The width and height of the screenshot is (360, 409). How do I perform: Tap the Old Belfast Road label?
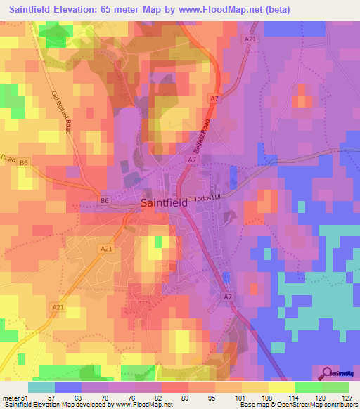tap(63, 112)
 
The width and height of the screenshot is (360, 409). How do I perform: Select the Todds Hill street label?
tap(206, 197)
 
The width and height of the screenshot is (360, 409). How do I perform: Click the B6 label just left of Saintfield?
tap(105, 201)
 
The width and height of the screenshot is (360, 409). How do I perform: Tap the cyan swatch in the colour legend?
tap(41, 387)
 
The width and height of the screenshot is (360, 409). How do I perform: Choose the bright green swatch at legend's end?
tap(335, 387)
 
